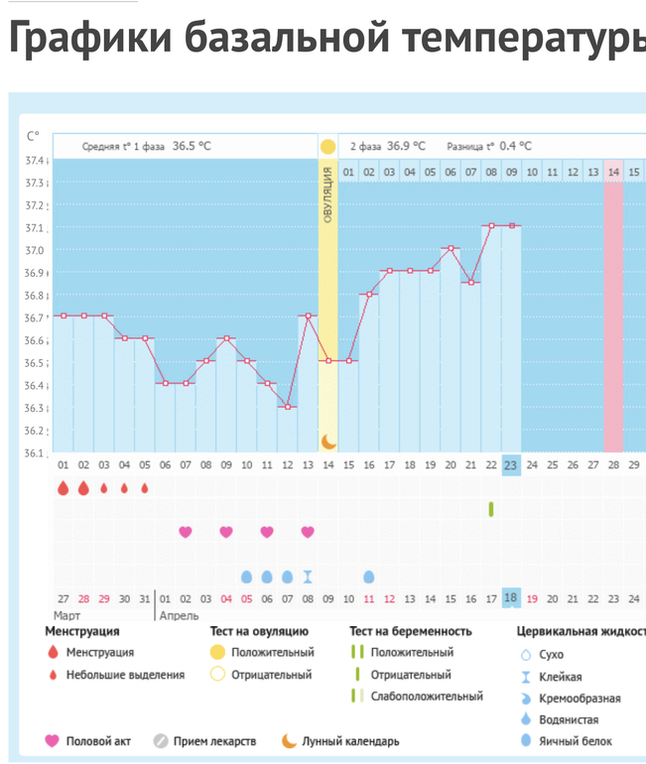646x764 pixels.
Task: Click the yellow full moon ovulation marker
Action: pos(327,147)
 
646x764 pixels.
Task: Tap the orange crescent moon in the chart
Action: pos(327,441)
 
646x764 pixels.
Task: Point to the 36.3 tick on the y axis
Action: pos(36,408)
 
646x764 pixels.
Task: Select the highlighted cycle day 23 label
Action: pos(511,464)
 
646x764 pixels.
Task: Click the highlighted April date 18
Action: pos(511,598)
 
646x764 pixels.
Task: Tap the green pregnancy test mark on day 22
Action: pos(491,509)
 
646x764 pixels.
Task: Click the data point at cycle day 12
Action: pos(287,407)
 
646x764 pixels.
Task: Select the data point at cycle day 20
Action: pos(451,248)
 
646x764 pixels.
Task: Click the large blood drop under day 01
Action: pos(64,488)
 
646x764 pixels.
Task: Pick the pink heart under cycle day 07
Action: pos(186,532)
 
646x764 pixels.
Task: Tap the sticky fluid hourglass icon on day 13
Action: pos(308,576)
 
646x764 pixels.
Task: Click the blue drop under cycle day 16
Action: pos(369,576)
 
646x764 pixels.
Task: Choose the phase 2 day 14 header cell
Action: pos(613,172)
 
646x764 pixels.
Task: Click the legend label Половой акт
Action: pos(98,741)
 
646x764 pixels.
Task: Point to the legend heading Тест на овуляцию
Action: pos(259,631)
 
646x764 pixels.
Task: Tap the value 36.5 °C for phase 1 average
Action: pos(192,146)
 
